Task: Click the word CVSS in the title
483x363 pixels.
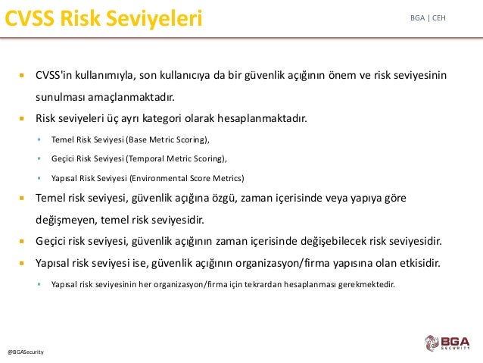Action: pyautogui.click(x=30, y=18)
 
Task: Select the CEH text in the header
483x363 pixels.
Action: pyautogui.click(x=439, y=18)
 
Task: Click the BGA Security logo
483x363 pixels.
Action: pyautogui.click(x=447, y=343)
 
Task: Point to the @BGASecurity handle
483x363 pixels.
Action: pyautogui.click(x=26, y=352)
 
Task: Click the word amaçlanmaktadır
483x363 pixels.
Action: pyautogui.click(x=131, y=97)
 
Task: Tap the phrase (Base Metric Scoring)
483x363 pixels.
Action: pyautogui.click(x=168, y=139)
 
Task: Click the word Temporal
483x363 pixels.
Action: pyautogui.click(x=147, y=158)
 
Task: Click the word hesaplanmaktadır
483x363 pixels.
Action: pyautogui.click(x=262, y=118)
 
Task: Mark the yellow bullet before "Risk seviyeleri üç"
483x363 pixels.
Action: pyautogui.click(x=21, y=118)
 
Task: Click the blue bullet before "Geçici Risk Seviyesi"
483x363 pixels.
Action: pyautogui.click(x=39, y=158)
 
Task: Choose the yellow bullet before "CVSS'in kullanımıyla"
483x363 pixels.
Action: pyautogui.click(x=21, y=75)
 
